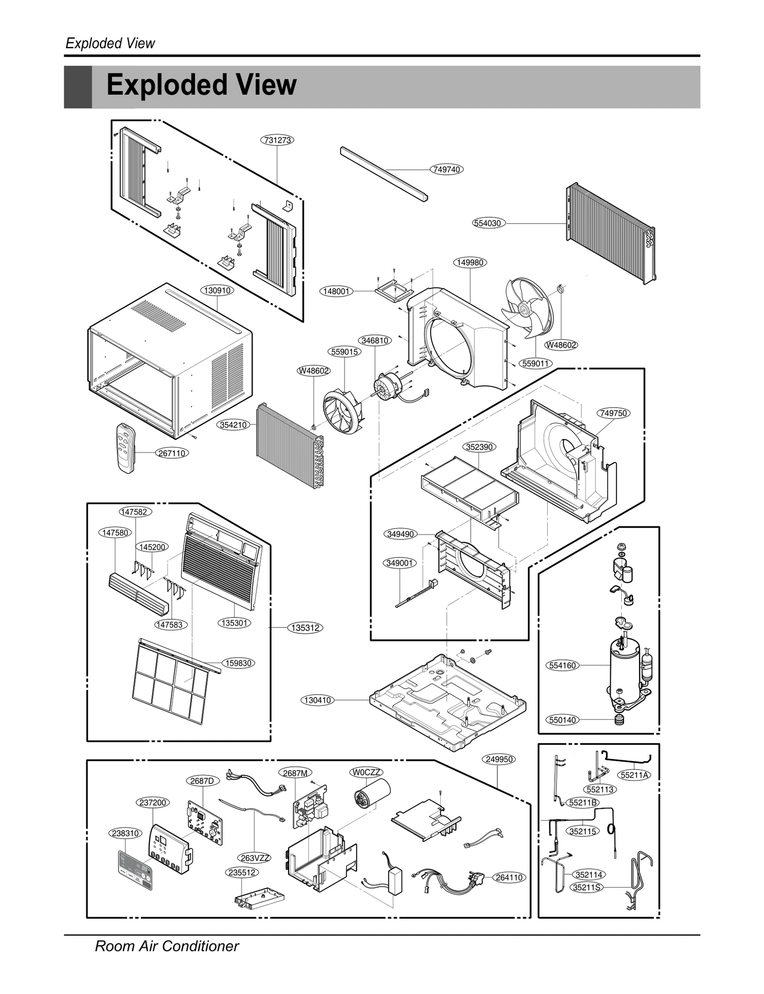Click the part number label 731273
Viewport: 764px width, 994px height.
[277, 140]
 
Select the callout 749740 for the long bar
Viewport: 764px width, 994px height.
[446, 169]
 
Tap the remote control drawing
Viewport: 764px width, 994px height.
[126, 448]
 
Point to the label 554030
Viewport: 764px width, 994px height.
[488, 223]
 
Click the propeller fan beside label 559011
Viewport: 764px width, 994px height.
[528, 308]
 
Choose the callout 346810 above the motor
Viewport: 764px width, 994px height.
[375, 341]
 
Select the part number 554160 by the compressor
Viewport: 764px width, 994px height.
[562, 665]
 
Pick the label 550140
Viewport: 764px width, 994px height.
[562, 720]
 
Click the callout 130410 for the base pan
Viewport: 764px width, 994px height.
[318, 700]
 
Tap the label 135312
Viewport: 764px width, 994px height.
[305, 628]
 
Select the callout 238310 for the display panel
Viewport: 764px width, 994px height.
[125, 833]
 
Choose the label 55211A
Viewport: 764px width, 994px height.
[635, 775]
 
